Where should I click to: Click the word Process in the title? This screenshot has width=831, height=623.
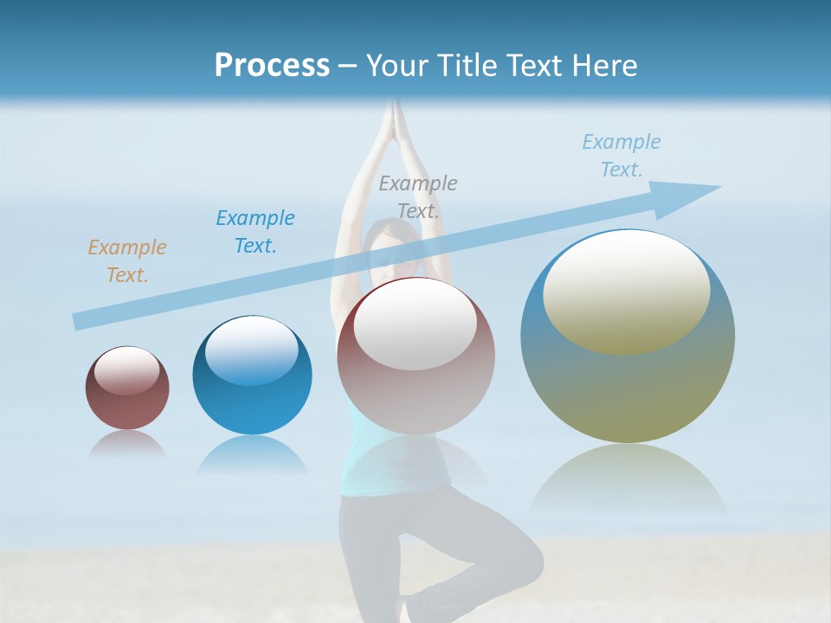click(x=272, y=66)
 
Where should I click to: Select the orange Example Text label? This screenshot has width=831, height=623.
click(x=127, y=261)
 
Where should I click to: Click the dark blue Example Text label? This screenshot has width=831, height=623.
click(x=255, y=232)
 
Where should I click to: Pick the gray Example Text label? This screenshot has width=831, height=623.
click(x=418, y=196)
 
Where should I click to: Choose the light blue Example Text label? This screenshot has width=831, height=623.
click(x=622, y=156)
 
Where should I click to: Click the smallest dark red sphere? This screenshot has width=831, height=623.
click(x=127, y=389)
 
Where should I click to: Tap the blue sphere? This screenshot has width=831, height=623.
click(x=252, y=376)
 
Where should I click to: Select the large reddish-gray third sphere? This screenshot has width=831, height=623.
click(x=415, y=356)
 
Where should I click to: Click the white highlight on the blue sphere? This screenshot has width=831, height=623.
click(x=251, y=350)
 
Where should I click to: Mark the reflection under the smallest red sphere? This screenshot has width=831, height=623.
click(x=127, y=444)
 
